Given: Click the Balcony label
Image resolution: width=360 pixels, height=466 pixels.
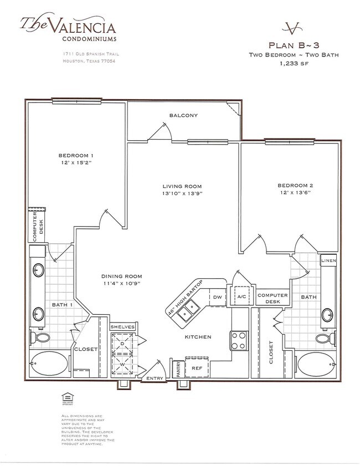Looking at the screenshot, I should tap(184, 115).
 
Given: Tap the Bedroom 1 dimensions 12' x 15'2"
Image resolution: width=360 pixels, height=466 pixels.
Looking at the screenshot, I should tap(76, 163).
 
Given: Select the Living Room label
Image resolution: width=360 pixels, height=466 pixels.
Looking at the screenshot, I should tap(182, 186).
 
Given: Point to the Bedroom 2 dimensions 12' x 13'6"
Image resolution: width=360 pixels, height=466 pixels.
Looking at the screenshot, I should tap(295, 193).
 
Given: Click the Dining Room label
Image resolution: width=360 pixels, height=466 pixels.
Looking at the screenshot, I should tap(121, 276).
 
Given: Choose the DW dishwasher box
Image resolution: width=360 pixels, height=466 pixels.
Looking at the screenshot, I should tap(217, 298).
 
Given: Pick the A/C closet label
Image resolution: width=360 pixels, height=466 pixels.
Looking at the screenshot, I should tap(242, 297).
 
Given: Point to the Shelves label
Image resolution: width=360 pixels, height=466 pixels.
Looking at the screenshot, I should tap(122, 327).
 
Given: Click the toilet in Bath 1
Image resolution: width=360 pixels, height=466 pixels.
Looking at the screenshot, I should tap(42, 337).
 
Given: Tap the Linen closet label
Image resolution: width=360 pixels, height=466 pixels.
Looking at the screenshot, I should tap(328, 260).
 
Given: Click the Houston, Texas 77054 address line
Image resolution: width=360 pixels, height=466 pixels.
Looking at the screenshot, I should tap(89, 60).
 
